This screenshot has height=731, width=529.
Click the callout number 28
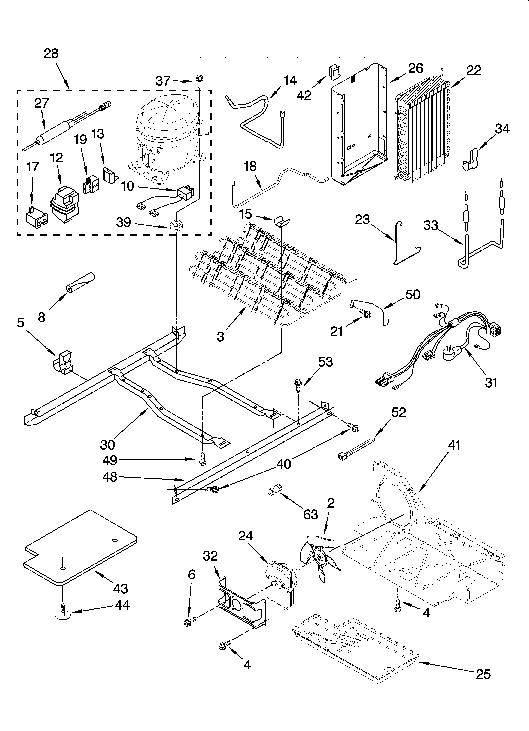click(51, 53)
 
